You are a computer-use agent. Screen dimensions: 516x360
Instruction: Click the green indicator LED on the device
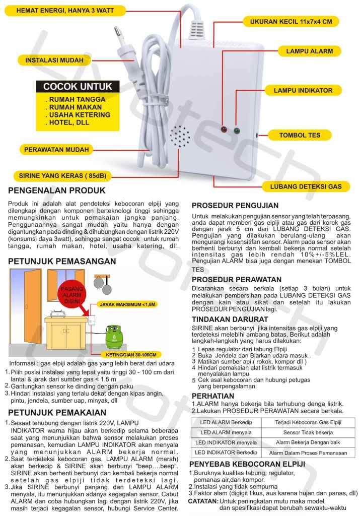(236, 131)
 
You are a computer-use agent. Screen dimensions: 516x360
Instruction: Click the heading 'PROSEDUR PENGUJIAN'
(235, 206)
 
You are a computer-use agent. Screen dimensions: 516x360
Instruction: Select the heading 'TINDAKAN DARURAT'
(229, 319)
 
